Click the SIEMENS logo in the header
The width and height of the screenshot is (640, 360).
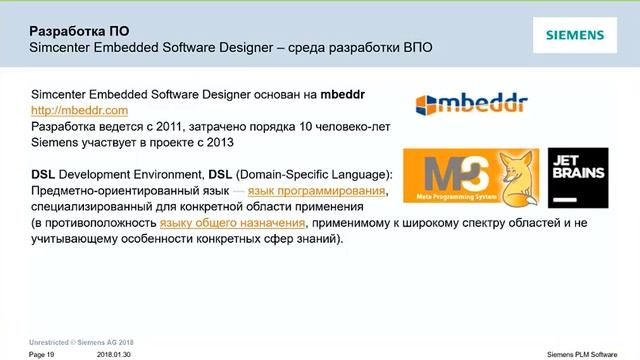click(574, 36)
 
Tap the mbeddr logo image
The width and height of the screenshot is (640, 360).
click(470, 103)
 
